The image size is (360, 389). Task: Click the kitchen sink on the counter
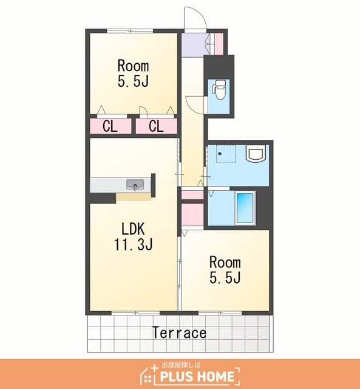click(x=135, y=185)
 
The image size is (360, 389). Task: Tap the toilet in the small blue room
click(x=219, y=89)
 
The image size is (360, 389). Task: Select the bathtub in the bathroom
click(x=245, y=208)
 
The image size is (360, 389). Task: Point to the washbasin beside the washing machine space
click(x=256, y=154)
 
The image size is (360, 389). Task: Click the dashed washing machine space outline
click(x=226, y=153)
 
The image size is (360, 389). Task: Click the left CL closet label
click(x=110, y=126)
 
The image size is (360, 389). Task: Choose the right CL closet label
click(x=156, y=126)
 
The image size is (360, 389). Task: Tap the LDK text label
click(x=133, y=229)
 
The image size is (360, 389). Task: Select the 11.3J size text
click(x=134, y=244)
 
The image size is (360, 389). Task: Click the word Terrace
click(x=179, y=332)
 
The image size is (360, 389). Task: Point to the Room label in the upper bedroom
click(x=134, y=66)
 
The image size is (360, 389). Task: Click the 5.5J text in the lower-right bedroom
click(x=225, y=277)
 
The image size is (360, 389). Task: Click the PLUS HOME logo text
click(x=197, y=376)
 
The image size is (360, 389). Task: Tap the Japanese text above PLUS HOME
click(x=181, y=365)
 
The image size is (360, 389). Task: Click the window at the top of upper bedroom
click(x=130, y=31)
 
